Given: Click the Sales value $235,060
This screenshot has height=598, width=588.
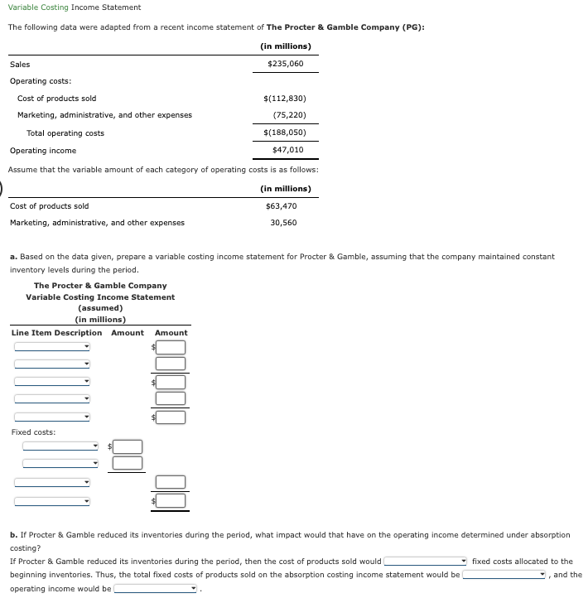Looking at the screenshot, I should (285, 64).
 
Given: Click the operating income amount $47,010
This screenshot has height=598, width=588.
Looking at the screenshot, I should (287, 150).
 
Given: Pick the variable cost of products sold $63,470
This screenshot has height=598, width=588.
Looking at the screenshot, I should (282, 205).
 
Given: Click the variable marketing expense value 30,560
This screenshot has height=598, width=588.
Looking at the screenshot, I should (283, 222).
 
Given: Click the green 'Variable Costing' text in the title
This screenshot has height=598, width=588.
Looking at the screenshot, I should (38, 7).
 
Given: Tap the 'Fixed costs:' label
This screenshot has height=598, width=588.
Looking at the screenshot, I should (34, 432).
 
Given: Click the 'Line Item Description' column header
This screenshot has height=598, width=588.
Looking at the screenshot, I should (57, 333).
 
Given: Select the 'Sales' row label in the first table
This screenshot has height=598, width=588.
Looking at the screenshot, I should (20, 64).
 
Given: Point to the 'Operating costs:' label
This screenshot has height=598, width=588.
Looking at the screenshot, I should (41, 80).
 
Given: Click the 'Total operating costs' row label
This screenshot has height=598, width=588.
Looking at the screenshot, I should (65, 133).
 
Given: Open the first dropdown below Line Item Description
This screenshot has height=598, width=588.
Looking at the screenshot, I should (52, 346).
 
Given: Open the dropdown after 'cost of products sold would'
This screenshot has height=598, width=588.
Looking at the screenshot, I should (425, 562).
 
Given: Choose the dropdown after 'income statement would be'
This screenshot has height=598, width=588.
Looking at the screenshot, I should (505, 575).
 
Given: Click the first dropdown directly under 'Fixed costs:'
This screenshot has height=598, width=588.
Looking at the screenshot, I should (60, 446).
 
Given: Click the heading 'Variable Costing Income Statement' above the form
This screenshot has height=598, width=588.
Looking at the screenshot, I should (100, 297).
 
